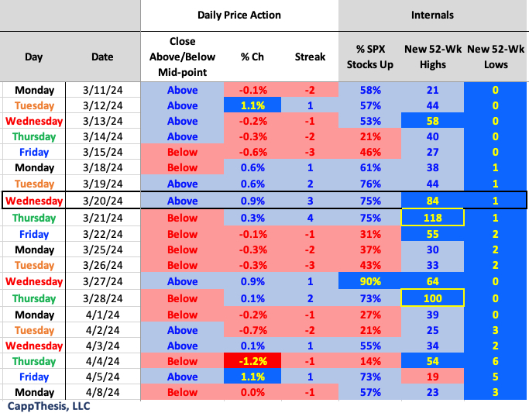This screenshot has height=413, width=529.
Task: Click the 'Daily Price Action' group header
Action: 239,15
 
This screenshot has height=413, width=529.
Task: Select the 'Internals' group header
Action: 432,15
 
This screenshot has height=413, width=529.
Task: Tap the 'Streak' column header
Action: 310,57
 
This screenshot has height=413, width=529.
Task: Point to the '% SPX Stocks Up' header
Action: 370,57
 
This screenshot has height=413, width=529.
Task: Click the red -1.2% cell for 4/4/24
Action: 252,360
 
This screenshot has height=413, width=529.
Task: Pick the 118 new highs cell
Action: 432,218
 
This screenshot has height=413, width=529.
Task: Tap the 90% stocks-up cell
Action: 370,280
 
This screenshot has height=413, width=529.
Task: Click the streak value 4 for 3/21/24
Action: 310,218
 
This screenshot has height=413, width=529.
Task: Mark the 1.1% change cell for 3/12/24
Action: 252,105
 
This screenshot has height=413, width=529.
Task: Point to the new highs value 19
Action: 432,377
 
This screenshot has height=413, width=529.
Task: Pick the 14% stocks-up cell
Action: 370,360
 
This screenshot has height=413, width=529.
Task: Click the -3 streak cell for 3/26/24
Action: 310,265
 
